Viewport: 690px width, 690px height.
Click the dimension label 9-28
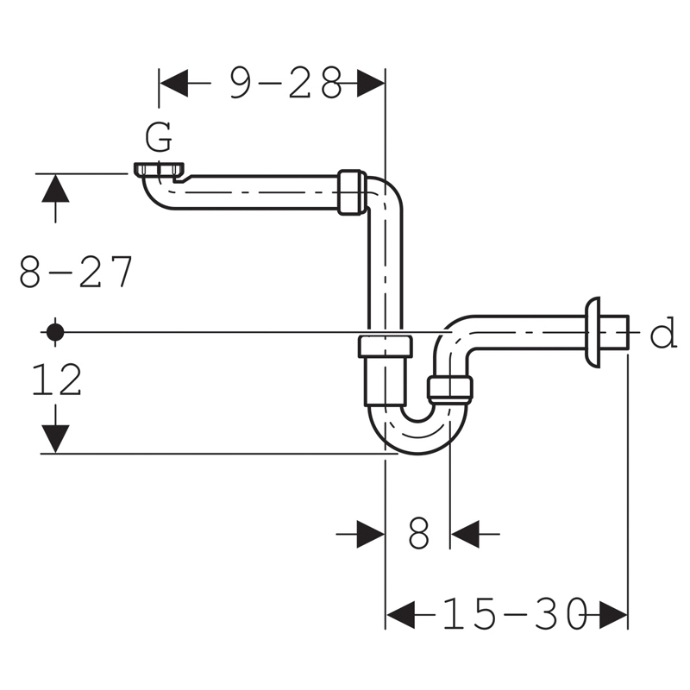285,83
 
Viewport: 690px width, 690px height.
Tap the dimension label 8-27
76,272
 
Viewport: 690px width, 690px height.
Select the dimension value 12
57,379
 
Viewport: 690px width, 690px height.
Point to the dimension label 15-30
514,613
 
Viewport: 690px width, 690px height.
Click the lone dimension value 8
418,533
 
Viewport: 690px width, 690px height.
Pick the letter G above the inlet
159,137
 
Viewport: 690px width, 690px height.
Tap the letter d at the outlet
663,332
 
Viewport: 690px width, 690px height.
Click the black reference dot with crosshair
55,332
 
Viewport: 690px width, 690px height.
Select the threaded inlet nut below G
159,169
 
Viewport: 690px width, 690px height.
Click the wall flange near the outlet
592,332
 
